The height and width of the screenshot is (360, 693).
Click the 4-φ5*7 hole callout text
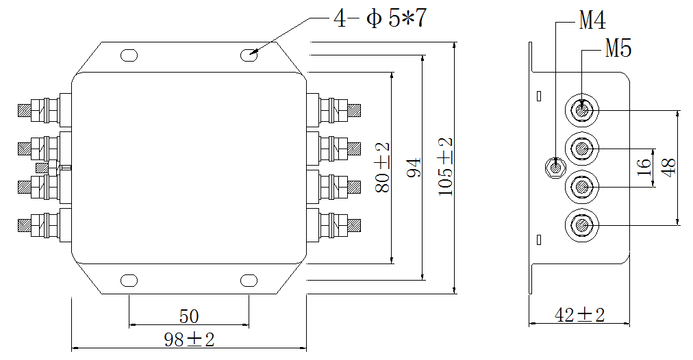pos(380,18)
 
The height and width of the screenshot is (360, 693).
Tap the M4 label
pos(592,21)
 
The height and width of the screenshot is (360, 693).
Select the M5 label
pos(618,49)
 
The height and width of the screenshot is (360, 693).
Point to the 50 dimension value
pos(188,316)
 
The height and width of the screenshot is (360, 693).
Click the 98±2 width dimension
pos(189,339)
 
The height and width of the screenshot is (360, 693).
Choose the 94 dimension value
pos(413,168)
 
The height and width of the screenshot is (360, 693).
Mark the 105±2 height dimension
pos(446,168)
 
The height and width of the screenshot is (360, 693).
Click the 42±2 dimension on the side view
pos(579,315)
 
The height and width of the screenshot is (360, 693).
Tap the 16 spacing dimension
pos(644,168)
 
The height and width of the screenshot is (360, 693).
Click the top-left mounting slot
pos(128,54)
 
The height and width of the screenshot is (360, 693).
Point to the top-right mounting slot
pos(249,54)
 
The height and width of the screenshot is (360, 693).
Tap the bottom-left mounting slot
pos(128,279)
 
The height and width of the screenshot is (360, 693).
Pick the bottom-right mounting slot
pos(249,279)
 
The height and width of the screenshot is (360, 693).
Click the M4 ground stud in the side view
pos(554,166)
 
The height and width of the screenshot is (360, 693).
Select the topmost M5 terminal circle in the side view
pos(582,110)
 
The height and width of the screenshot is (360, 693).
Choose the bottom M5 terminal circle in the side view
pos(582,224)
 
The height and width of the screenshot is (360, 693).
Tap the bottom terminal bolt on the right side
pos(336,224)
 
